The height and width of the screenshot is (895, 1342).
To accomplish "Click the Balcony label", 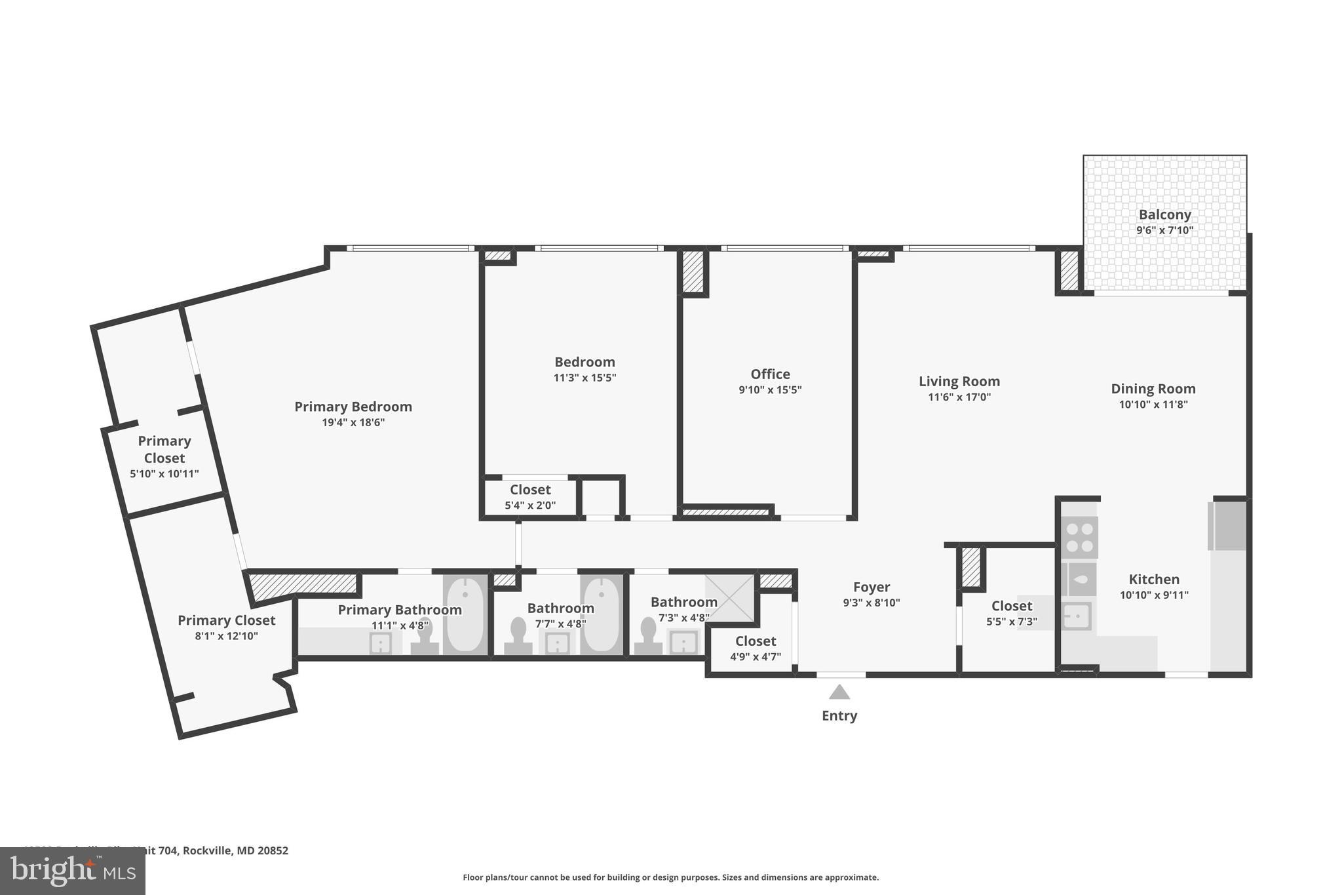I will (1164, 214).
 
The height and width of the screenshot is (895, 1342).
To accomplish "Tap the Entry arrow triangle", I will (839, 692).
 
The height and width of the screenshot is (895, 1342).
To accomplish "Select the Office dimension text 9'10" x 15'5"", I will (770, 389).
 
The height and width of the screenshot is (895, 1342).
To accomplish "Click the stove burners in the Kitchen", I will (1079, 537).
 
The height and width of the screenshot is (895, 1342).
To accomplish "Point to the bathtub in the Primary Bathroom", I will (465, 614).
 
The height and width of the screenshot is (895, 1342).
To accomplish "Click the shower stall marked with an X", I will (729, 597).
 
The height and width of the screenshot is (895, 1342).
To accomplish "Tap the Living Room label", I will (959, 382).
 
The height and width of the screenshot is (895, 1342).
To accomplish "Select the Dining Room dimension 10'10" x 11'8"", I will (1153, 405).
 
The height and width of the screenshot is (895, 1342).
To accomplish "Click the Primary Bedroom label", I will (353, 407).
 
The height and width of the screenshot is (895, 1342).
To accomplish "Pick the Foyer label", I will (871, 587).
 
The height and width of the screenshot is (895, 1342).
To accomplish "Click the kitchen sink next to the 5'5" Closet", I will (1076, 616).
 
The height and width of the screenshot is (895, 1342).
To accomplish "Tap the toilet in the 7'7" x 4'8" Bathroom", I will (518, 635).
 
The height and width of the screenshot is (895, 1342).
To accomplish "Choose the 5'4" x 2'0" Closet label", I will (530, 490).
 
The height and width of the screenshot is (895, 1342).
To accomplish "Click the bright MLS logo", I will (72, 871).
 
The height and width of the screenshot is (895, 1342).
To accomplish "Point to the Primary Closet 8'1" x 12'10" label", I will (226, 620).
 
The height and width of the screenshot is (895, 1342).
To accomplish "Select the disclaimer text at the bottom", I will (670, 877).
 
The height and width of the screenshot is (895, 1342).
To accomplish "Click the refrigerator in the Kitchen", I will (1228, 525).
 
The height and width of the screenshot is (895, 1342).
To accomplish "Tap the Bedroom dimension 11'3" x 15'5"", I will (585, 378).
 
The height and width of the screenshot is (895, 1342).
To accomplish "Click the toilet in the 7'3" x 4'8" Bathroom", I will (648, 635).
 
